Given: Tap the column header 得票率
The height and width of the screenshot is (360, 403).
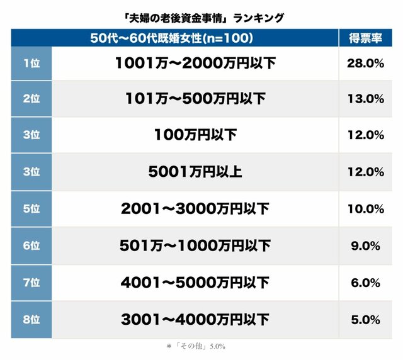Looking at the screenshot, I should (365, 38).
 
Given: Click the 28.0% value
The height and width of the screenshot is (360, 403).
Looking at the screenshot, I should (365, 63).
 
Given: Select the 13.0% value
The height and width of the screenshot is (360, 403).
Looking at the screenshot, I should (365, 99).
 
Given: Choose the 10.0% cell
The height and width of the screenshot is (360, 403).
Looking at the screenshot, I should (365, 209).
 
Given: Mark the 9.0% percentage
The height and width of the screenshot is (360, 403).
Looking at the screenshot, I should (365, 245).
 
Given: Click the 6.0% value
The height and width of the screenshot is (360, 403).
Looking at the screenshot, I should (365, 283).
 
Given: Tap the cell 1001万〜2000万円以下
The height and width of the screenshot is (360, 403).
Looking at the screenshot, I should (195, 63).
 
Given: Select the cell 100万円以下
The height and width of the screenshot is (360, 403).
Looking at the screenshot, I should (195, 135).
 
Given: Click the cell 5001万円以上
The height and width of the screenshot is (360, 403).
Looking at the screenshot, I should (195, 172).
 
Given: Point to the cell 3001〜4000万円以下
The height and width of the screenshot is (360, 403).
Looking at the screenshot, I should (195, 319).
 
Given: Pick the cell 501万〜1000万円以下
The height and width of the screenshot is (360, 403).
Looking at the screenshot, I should (195, 245).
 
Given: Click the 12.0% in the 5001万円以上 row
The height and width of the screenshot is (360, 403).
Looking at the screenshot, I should (365, 172).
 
